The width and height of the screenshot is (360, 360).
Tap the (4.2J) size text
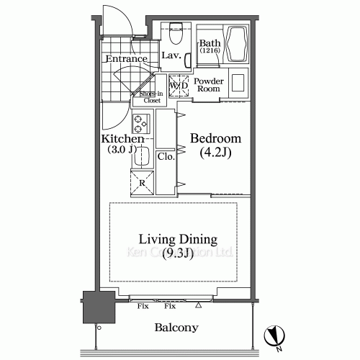point(215,152)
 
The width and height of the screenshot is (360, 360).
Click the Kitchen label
point(123,138)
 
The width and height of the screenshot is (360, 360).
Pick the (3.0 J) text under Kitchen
point(123,150)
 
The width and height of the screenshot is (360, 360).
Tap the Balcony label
point(176,328)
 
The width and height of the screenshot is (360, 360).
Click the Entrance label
point(126,59)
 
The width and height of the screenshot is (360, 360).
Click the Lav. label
point(171,55)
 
